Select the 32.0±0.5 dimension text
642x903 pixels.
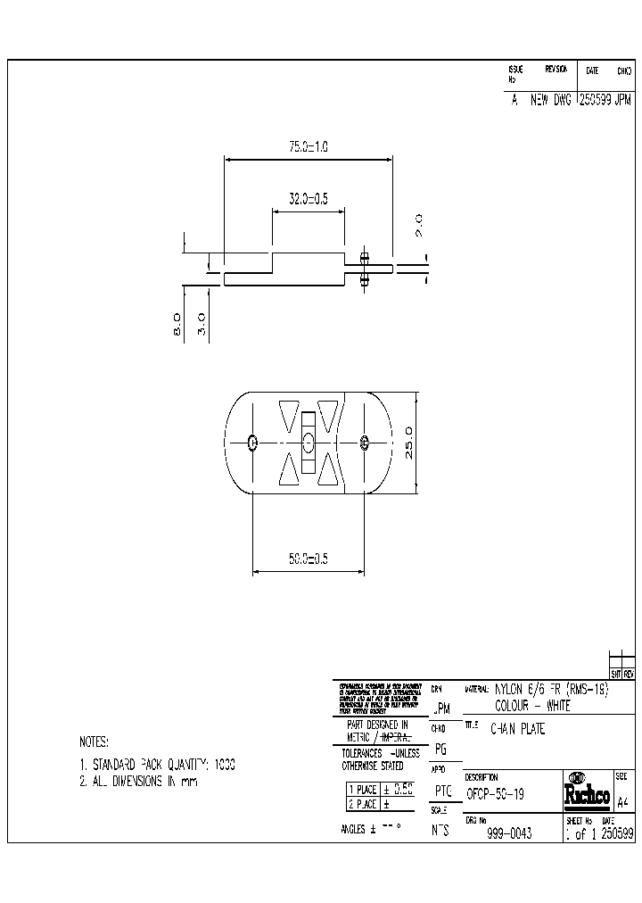[x=308, y=200]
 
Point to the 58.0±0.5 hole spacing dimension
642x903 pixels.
[x=308, y=559]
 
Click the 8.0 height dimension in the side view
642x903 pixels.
[x=177, y=323]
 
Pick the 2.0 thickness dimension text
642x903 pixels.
[x=419, y=225]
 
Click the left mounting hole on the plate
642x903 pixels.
[x=253, y=442]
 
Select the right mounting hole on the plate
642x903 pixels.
[x=364, y=442]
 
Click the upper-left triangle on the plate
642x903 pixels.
[x=288, y=414]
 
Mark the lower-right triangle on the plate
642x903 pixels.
[x=328, y=469]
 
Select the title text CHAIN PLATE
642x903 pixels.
[x=518, y=729]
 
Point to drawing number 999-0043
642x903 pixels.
[x=509, y=833]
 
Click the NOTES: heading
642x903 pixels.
[x=94, y=741]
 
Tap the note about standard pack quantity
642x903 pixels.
[x=157, y=765]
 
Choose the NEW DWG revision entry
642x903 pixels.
[x=550, y=102]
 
